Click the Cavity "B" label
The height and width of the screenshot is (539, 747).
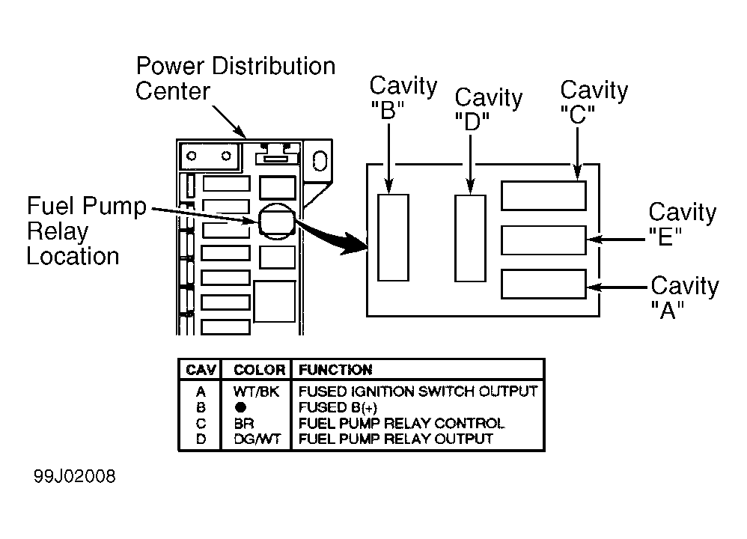(403, 98)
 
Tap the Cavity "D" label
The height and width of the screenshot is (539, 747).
(488, 109)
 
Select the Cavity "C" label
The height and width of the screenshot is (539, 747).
(594, 102)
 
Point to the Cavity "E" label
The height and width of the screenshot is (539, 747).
(682, 224)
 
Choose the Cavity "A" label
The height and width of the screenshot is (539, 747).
(685, 297)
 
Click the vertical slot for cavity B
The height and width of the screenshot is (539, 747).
(393, 237)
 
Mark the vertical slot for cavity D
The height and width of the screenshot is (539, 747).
(470, 238)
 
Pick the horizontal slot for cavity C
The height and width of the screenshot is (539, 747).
(543, 195)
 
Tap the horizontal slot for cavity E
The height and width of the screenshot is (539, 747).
(543, 240)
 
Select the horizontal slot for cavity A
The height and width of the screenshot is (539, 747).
(543, 284)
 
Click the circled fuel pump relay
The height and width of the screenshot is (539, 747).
(277, 221)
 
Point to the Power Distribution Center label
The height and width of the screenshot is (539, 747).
(235, 78)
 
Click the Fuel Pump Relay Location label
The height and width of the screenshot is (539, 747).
(86, 231)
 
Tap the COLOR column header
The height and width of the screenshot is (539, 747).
(259, 370)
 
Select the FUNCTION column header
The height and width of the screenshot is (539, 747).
(335, 370)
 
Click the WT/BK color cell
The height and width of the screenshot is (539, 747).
(256, 392)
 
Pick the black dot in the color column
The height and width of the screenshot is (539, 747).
(240, 407)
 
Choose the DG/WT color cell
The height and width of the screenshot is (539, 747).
(257, 439)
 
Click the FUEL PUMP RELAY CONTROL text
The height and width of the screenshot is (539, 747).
(401, 423)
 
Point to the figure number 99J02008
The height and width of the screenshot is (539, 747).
(74, 477)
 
